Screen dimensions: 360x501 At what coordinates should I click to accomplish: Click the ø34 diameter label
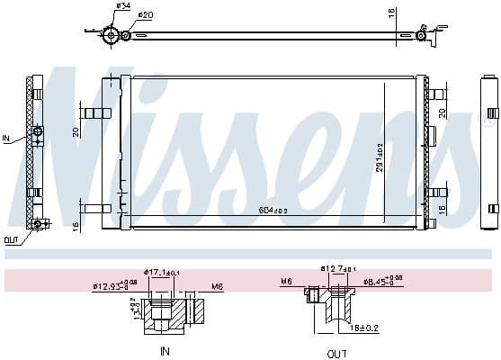click(x=122, y=7)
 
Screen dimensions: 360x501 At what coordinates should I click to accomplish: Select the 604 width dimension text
click(x=273, y=210)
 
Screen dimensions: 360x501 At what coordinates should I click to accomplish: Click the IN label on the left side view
click(x=6, y=139)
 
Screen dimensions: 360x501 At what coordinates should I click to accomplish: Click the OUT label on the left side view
click(x=10, y=239)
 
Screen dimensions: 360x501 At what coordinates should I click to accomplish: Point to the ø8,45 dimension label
click(x=380, y=281)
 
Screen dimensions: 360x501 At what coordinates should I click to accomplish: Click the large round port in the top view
click(x=112, y=35)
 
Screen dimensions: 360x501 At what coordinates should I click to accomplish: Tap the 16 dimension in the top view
click(x=389, y=15)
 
